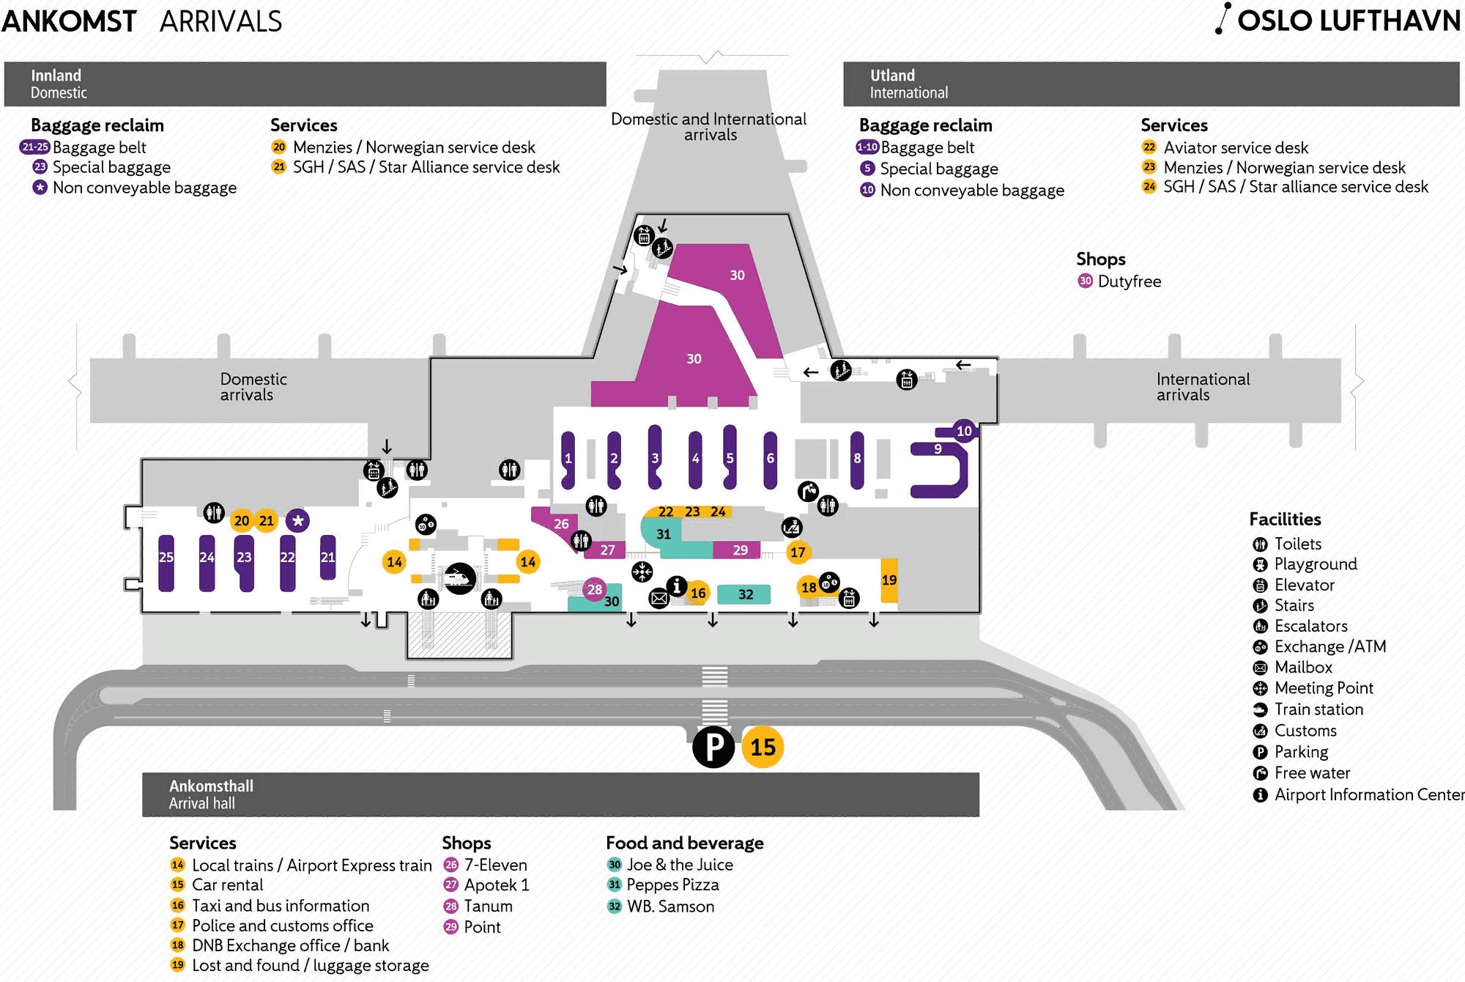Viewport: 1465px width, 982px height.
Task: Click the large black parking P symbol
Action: tap(713, 747)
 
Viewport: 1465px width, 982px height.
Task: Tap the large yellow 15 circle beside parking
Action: tap(763, 747)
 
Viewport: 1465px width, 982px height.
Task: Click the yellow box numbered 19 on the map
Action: tap(889, 580)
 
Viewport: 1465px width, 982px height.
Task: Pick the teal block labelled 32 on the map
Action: tap(743, 594)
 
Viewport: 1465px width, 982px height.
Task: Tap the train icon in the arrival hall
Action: tap(459, 578)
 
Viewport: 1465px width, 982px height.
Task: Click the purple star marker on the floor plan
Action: tap(297, 521)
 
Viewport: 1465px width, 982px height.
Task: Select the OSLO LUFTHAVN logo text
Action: tap(1347, 21)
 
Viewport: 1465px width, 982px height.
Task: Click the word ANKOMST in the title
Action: tap(69, 21)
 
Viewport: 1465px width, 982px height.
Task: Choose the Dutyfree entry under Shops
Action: tap(1129, 281)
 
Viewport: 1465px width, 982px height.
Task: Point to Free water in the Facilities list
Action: tap(1312, 773)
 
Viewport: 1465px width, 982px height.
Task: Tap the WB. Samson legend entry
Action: tap(670, 907)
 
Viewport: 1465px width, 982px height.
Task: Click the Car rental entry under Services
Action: tap(227, 885)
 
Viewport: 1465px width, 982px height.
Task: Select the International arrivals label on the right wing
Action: tap(1202, 387)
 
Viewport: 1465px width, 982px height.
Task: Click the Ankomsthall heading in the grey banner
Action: tap(211, 786)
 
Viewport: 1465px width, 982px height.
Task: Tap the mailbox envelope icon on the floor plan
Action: tap(659, 599)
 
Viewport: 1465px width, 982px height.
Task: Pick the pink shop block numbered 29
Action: tap(740, 550)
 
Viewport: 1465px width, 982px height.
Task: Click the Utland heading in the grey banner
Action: tap(892, 75)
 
